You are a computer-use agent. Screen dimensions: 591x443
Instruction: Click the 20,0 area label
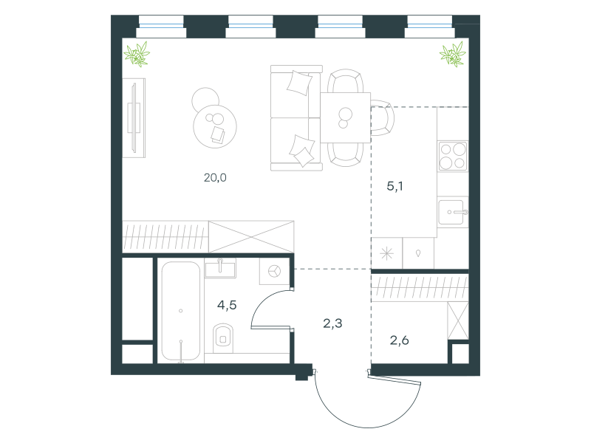[215, 177]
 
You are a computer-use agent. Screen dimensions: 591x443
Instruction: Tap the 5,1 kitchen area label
[394, 186]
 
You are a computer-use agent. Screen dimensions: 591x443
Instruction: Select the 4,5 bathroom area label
[227, 305]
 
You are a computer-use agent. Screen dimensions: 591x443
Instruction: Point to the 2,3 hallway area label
[332, 323]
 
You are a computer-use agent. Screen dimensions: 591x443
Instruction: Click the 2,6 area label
[399, 340]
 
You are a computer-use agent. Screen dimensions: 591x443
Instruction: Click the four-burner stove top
[453, 156]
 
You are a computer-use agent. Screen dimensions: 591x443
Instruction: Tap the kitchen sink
[452, 212]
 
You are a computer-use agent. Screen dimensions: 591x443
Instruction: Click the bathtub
[180, 311]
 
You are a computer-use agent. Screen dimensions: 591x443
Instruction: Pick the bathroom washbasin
[220, 268]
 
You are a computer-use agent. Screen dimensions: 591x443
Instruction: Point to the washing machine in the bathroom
[274, 271]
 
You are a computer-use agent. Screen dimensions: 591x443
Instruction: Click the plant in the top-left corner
[137, 54]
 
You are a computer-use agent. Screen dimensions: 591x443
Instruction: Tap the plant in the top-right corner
[453, 54]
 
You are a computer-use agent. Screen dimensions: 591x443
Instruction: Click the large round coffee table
[215, 126]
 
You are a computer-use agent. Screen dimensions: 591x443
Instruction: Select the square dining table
[345, 117]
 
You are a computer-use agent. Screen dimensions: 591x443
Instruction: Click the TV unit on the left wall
[134, 118]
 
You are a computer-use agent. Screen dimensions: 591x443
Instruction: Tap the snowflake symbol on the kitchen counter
[386, 253]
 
